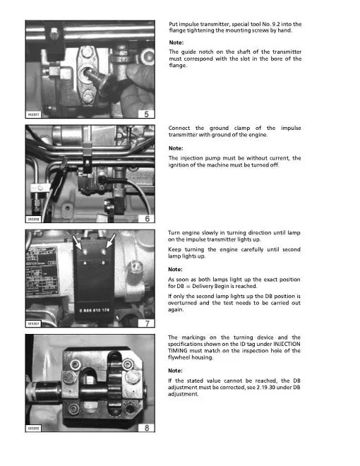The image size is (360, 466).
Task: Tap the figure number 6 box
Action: click(146, 219)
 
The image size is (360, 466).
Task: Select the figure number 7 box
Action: click(146, 323)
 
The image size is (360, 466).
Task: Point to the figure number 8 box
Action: click(146, 428)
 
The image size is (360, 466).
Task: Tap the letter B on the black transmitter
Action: click(103, 263)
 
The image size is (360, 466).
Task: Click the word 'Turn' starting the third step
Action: click(175, 232)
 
